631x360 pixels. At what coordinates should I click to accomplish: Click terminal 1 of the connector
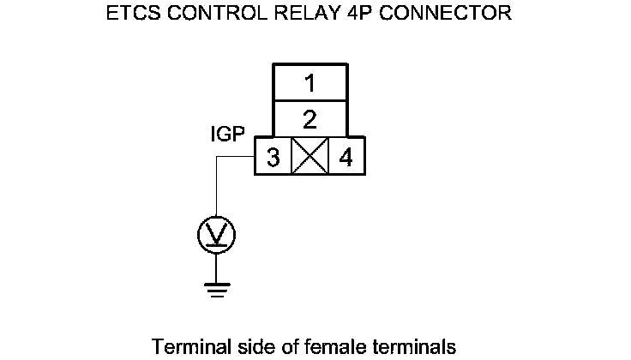point(309,83)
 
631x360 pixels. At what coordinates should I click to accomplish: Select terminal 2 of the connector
point(309,117)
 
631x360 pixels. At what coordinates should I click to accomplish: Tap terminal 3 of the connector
point(273,158)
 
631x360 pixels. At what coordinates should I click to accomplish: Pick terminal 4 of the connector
point(346,158)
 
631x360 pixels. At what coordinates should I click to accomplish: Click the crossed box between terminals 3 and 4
point(309,158)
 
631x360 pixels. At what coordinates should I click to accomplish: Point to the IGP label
point(228,135)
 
